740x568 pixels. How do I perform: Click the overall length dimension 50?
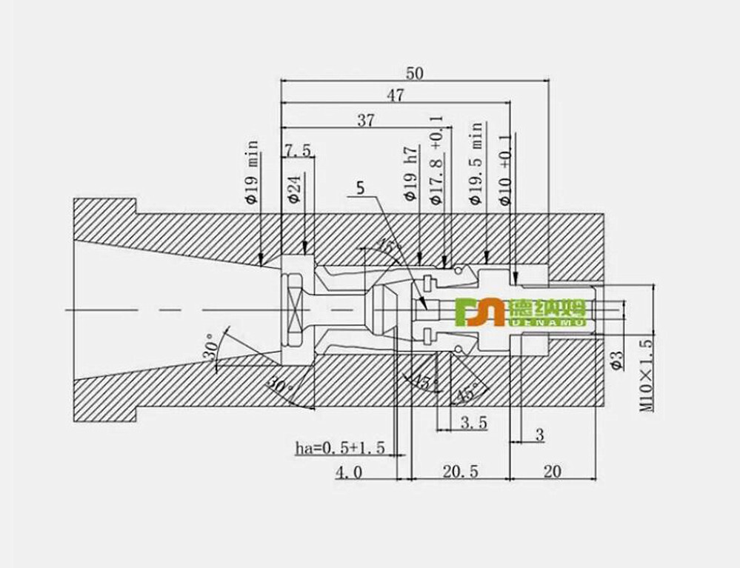coord(415,73)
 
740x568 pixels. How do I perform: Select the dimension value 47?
coord(396,96)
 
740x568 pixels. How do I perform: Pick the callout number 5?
coord(360,188)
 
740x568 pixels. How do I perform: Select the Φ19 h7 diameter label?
coord(410,174)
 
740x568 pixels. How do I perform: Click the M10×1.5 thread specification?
coord(646,375)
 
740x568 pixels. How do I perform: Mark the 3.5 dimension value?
coord(473,423)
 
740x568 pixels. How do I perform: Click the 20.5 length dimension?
coord(460,472)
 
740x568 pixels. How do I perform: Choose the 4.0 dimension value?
coord(349,472)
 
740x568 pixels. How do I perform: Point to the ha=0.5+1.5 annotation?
coord(340,447)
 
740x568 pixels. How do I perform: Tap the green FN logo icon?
coord(479,312)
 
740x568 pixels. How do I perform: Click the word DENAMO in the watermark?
coord(547,322)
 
